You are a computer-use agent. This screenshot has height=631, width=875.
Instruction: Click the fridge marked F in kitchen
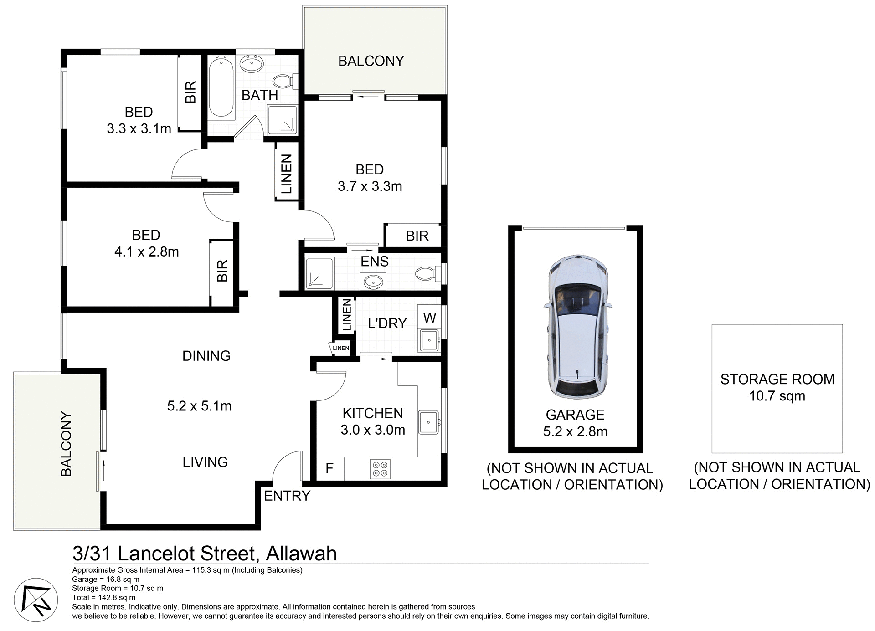tap(329, 468)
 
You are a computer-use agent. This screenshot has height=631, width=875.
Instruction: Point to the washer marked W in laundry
tap(429, 318)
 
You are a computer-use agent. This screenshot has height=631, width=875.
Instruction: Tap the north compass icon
tap(36, 600)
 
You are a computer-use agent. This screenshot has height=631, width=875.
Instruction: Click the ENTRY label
tap(287, 496)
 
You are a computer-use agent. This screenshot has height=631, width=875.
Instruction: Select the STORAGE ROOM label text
tap(777, 379)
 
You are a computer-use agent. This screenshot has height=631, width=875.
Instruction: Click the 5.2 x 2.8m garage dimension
tap(575, 431)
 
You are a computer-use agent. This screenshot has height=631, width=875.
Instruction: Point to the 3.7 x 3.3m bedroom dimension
tap(370, 186)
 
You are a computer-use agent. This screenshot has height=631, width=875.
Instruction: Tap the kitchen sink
tap(428, 422)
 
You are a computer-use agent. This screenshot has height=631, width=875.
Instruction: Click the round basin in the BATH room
tap(251, 64)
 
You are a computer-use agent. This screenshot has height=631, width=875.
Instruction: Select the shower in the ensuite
tap(319, 273)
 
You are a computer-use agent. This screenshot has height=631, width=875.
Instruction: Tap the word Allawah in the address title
tap(301, 554)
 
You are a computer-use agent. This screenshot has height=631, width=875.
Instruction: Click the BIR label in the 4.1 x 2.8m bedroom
tap(222, 271)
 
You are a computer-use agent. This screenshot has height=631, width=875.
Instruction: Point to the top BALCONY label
tap(371, 61)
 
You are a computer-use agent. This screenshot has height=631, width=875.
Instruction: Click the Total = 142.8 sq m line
tap(103, 597)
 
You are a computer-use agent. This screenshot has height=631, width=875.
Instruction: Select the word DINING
tap(206, 356)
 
